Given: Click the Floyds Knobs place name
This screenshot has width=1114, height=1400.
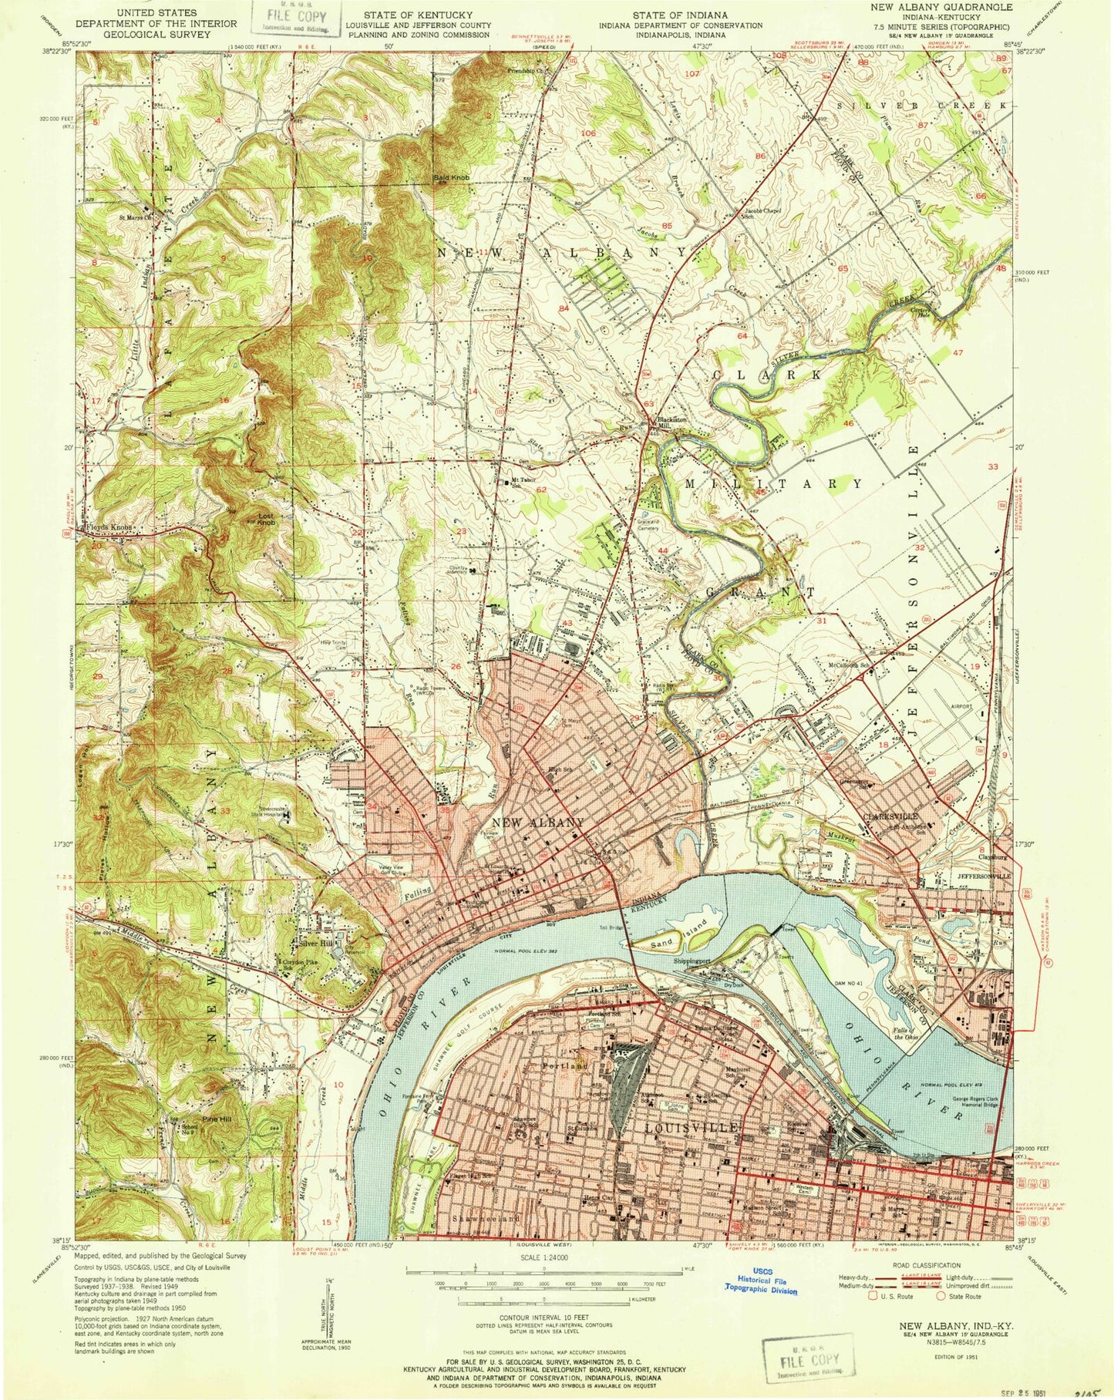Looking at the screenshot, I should tap(110, 528).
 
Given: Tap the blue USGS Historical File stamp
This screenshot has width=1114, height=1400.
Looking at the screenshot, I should tap(759, 1284).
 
